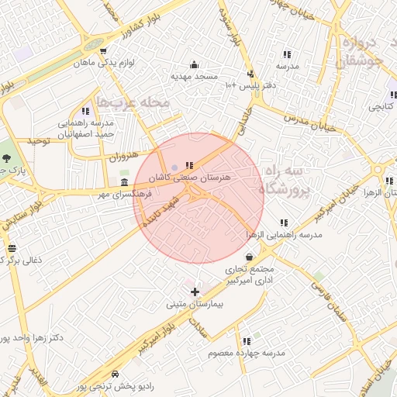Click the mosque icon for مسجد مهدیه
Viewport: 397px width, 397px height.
pos(194,64)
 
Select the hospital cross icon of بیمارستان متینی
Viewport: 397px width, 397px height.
pos(194,292)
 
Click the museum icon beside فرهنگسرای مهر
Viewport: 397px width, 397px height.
pos(125,182)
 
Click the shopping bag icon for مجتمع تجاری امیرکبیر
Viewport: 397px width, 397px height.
pos(248,257)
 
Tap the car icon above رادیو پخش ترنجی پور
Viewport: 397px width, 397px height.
pos(116,374)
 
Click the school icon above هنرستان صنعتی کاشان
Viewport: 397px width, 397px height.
pos(189,165)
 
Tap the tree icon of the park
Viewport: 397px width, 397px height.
pos(6,157)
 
